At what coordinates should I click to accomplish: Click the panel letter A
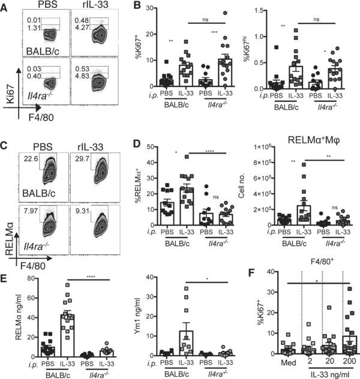[x=5, y=8]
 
